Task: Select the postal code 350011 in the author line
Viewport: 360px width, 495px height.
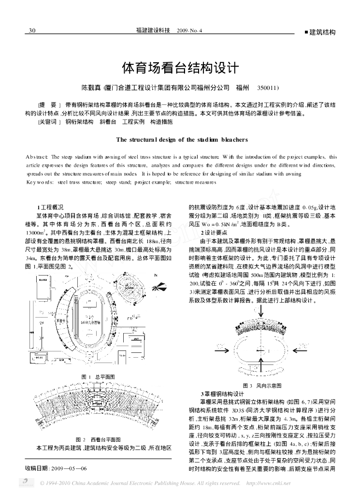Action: click(x=269, y=89)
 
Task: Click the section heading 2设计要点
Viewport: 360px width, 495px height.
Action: click(x=213, y=233)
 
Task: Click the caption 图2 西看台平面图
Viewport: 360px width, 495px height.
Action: click(x=98, y=439)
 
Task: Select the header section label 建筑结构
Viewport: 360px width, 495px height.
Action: click(x=321, y=32)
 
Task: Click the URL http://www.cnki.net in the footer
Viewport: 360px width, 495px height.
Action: click(x=269, y=483)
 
